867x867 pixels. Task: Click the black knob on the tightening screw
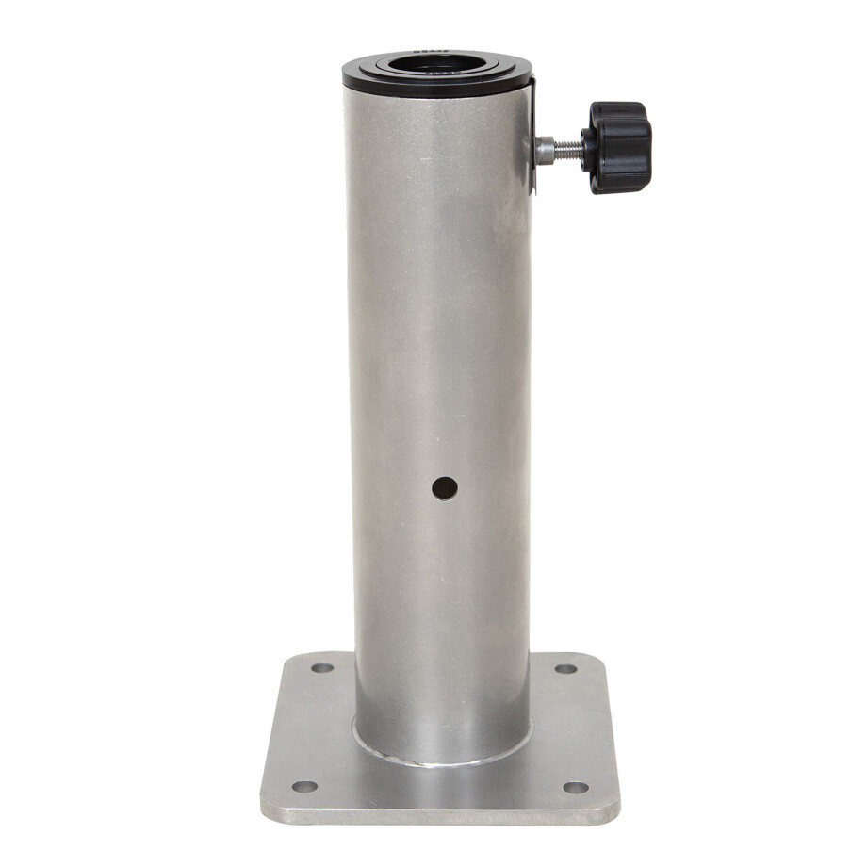click(617, 147)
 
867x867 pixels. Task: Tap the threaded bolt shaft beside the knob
click(566, 147)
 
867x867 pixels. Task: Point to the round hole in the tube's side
click(444, 488)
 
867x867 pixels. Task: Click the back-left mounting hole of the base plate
click(322, 668)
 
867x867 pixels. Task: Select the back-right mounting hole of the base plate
click(565, 668)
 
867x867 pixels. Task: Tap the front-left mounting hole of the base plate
click(303, 786)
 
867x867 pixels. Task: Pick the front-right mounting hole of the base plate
click(575, 787)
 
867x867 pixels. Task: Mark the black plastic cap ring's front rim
click(436, 90)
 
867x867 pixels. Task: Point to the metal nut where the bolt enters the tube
click(545, 149)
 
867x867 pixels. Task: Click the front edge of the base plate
click(440, 817)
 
